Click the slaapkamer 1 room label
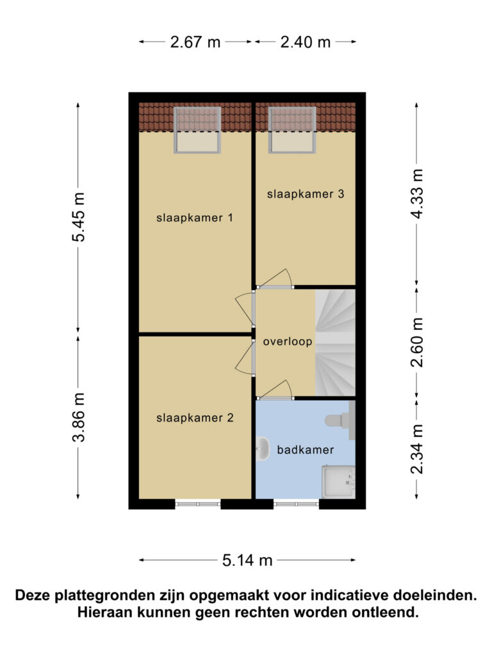pyautogui.click(x=195, y=218)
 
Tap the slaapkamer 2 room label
pyautogui.click(x=195, y=418)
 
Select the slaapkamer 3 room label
pyautogui.click(x=306, y=194)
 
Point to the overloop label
pyautogui.click(x=288, y=342)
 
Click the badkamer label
pyautogui.click(x=306, y=450)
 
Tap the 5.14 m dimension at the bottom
pyautogui.click(x=247, y=560)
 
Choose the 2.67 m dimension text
pyautogui.click(x=195, y=42)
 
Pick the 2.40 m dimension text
pyautogui.click(x=306, y=42)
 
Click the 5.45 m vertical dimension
pyautogui.click(x=78, y=217)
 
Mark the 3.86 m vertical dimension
pyautogui.click(x=78, y=418)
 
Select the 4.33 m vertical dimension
pyautogui.click(x=416, y=193)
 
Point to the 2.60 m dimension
pyautogui.click(x=416, y=343)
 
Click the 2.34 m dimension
pyautogui.click(x=416, y=449)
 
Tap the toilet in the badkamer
pyautogui.click(x=340, y=420)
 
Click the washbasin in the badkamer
pyautogui.click(x=262, y=449)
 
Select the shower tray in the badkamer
pyautogui.click(x=338, y=482)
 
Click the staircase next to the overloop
pyautogui.click(x=335, y=343)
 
